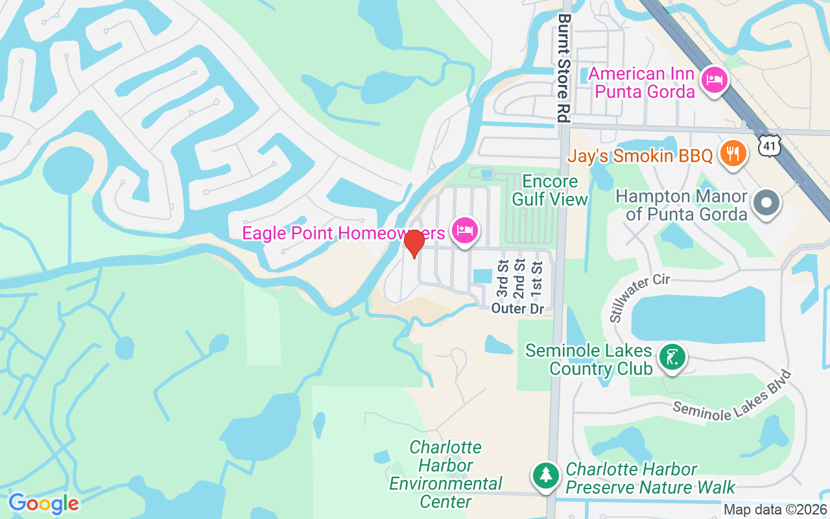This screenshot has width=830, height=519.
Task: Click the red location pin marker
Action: click(x=414, y=243)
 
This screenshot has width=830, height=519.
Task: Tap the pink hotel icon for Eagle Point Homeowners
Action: click(x=465, y=230)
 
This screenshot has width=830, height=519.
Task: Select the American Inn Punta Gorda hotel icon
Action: click(x=715, y=81)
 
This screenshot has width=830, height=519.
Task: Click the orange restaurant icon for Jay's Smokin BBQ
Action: click(x=733, y=154)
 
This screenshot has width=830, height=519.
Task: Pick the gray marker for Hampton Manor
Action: click(x=766, y=203)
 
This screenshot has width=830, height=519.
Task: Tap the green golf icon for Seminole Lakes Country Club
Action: click(x=672, y=357)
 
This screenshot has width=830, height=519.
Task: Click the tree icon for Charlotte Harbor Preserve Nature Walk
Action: click(x=546, y=476)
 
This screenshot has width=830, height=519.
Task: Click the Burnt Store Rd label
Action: click(x=563, y=68)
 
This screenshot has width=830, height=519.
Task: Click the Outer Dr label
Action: click(x=517, y=309)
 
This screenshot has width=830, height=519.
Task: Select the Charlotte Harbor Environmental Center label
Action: click(x=445, y=474)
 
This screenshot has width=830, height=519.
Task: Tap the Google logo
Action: click(x=43, y=503)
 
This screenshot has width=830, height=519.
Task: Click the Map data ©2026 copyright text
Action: click(x=774, y=510)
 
